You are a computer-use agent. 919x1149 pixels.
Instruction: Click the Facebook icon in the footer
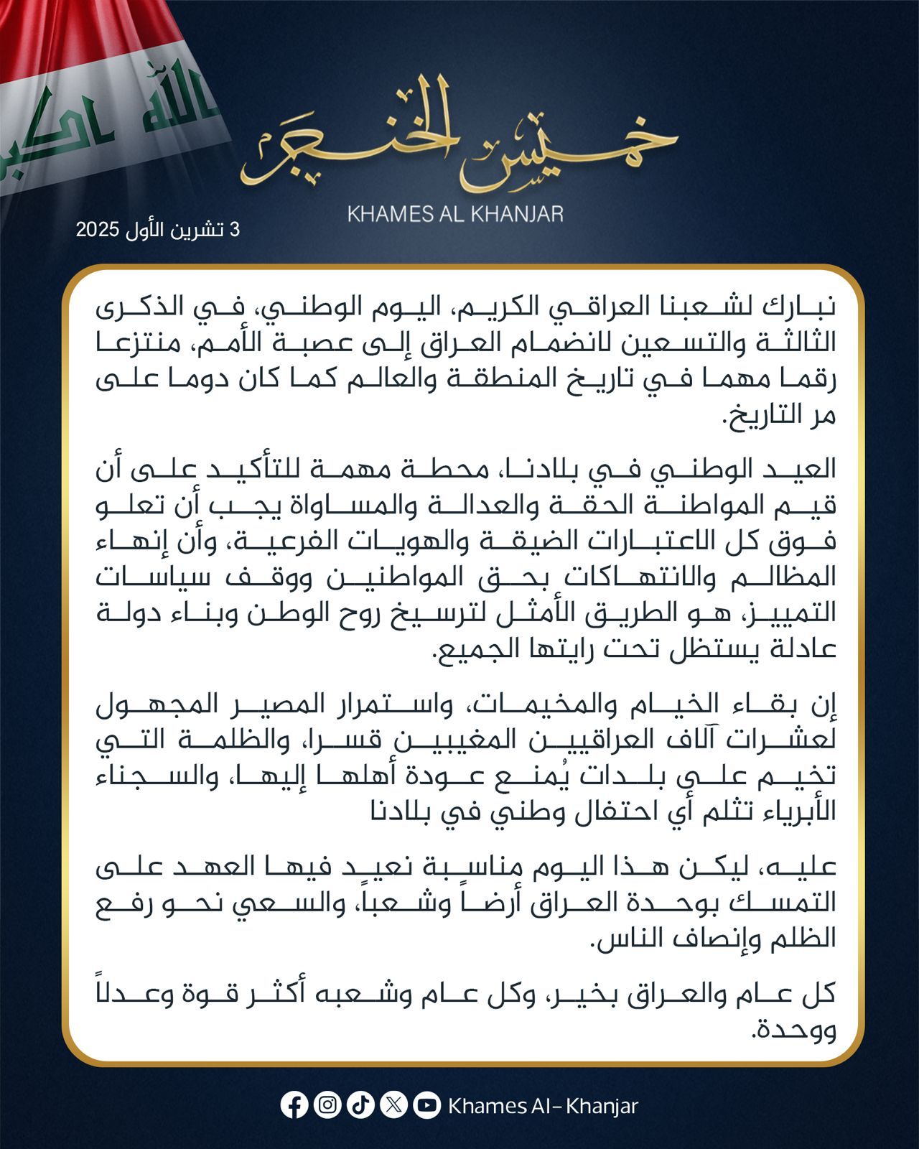click(x=294, y=1105)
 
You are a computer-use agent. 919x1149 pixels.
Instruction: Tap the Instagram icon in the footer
click(x=327, y=1105)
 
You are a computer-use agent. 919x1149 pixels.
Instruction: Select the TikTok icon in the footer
click(x=360, y=1105)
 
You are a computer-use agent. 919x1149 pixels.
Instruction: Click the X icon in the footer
click(x=393, y=1105)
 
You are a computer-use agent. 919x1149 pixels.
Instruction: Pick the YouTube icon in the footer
click(x=426, y=1105)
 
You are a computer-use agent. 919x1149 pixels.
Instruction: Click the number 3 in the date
click(x=233, y=231)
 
